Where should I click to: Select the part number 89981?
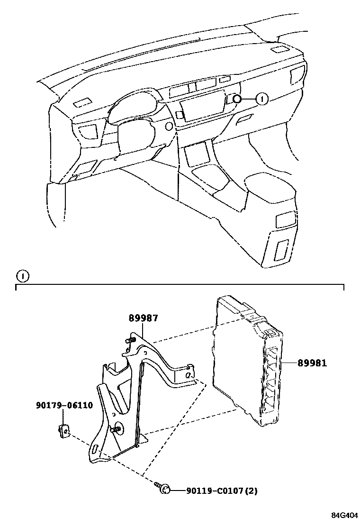[x=312, y=363]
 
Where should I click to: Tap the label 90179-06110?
[x=64, y=405]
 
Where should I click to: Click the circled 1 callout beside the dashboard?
[x=262, y=99]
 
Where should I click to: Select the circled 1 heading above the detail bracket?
[x=22, y=276]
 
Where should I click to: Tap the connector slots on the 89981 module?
[x=271, y=379]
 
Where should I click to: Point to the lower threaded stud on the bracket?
[x=115, y=429]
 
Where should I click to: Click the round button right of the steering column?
[x=168, y=126]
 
